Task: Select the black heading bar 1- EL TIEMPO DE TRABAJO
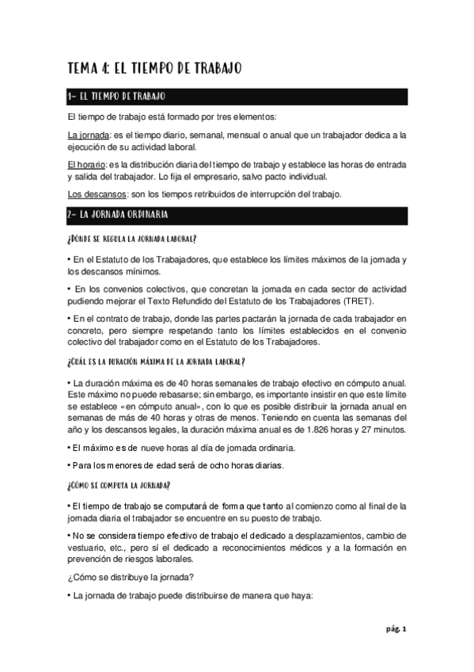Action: pos(237,97)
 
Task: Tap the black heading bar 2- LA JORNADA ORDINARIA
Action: pos(237,215)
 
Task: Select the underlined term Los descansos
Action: pos(93,194)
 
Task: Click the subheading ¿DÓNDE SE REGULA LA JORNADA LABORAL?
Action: pos(132,239)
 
